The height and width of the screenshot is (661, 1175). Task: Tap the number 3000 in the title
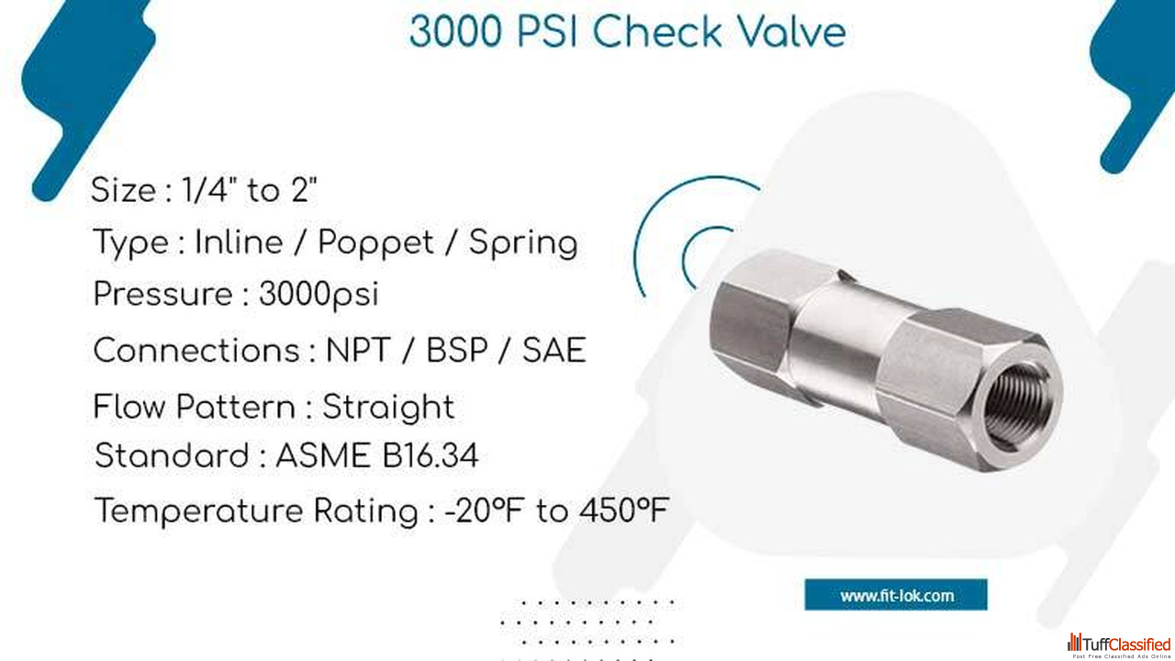click(455, 31)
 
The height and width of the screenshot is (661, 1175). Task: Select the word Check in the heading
click(657, 31)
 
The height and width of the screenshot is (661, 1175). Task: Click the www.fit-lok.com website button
click(896, 595)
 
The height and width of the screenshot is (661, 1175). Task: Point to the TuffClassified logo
click(1119, 645)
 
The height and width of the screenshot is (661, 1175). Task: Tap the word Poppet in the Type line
click(375, 243)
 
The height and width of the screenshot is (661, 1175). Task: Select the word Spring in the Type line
click(523, 243)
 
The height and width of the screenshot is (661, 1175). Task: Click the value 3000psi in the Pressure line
click(319, 294)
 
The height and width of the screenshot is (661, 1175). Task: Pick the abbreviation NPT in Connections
click(358, 350)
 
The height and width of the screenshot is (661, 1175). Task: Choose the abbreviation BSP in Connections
click(457, 350)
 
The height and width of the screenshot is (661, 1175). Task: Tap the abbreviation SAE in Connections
click(554, 350)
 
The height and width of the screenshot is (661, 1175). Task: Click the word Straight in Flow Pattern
click(388, 408)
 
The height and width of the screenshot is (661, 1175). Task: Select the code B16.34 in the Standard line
click(431, 455)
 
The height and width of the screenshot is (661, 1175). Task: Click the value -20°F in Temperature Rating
click(484, 510)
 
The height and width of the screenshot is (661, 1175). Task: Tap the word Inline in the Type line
click(239, 242)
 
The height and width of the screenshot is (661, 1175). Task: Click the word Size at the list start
click(123, 189)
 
